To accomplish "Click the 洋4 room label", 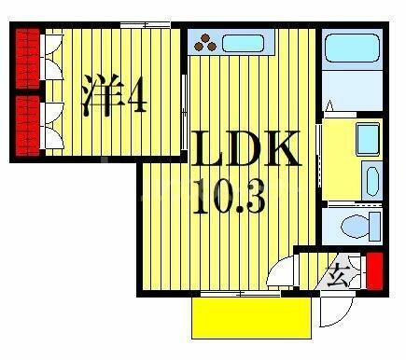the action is point(115,94).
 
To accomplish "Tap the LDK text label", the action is point(248,150).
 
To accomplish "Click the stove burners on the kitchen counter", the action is point(205,43).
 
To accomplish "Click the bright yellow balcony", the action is point(251,319).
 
